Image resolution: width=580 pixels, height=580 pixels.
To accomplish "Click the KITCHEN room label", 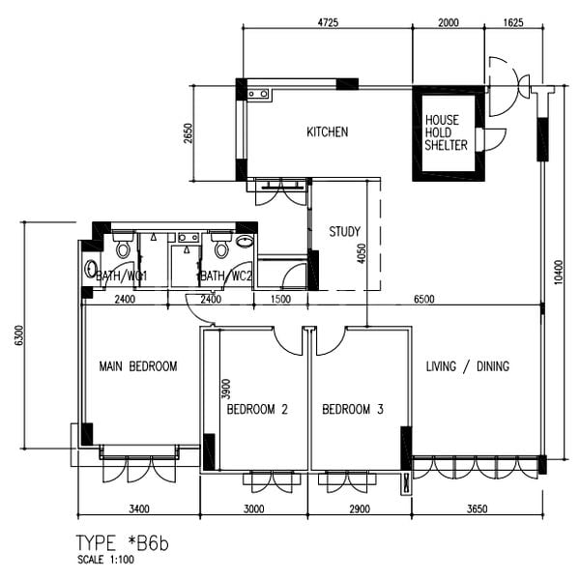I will click(x=327, y=132).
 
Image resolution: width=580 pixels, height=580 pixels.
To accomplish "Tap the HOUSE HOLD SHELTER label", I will click(x=446, y=132).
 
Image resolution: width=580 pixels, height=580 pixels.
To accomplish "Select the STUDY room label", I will click(x=344, y=232).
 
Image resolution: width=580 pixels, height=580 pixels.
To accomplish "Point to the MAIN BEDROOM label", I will click(x=138, y=366).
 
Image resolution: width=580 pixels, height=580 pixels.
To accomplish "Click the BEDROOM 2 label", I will click(x=257, y=410).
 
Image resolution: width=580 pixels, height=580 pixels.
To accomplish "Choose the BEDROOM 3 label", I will click(x=353, y=410).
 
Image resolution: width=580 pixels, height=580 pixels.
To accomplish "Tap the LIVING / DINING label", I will click(x=467, y=366).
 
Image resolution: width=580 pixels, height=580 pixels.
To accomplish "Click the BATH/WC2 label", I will click(x=226, y=276).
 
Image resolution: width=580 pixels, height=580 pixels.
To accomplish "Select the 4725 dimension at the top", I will click(x=327, y=21).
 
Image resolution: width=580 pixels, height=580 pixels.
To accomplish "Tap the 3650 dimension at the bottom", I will click(x=475, y=507).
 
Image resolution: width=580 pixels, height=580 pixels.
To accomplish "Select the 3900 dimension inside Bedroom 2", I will click(x=225, y=390).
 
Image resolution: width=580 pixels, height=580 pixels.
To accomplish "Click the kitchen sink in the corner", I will click(x=259, y=94).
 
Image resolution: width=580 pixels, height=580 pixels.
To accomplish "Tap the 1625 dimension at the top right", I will click(x=514, y=21).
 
